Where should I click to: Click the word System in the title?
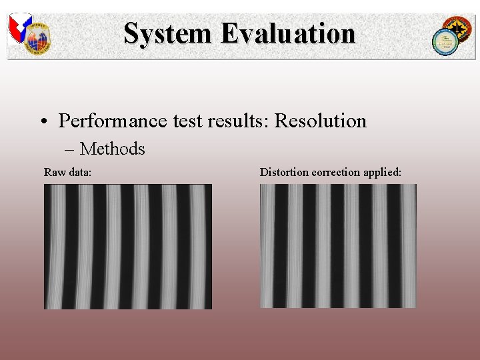167,33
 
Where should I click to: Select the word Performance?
113,121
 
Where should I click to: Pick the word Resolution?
321,121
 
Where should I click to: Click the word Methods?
112,149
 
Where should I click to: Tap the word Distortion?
284,173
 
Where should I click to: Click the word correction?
336,173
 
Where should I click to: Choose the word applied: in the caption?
382,173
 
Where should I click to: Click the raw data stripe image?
128,247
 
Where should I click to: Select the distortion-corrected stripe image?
338,246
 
